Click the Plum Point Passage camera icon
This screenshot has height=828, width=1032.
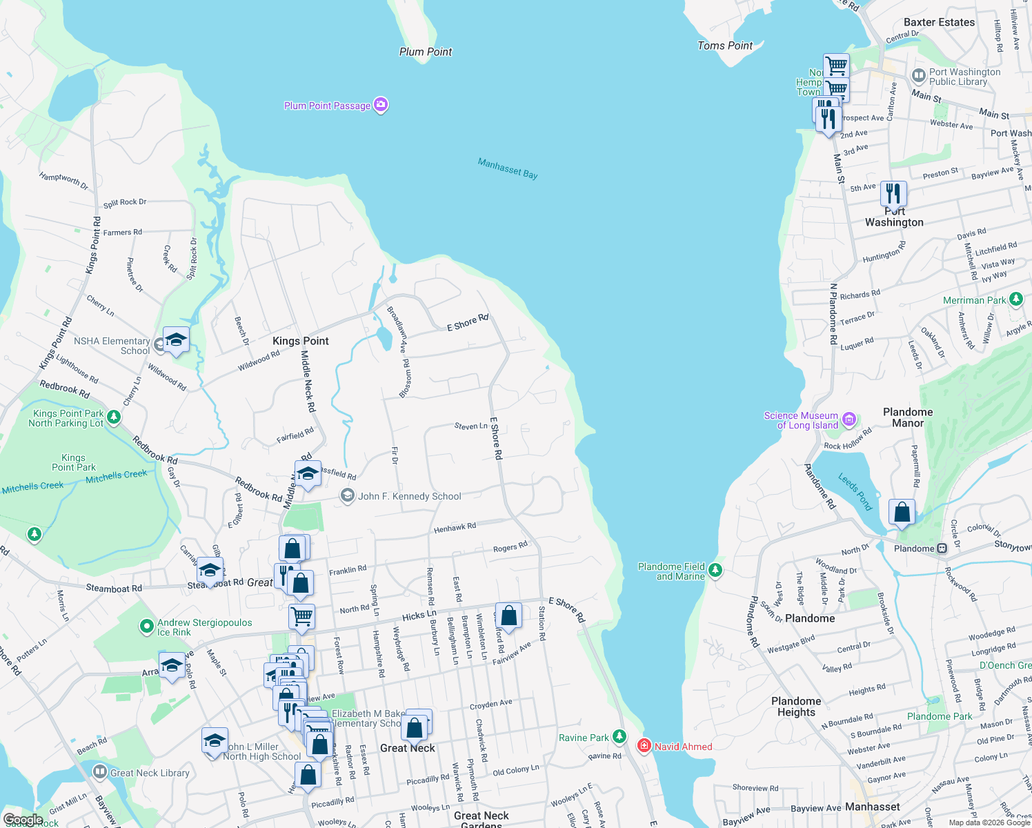click(381, 105)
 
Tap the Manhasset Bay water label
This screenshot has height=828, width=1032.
click(508, 168)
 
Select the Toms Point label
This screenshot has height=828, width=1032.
click(725, 46)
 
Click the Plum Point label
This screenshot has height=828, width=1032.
click(426, 52)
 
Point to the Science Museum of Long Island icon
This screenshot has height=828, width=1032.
click(849, 420)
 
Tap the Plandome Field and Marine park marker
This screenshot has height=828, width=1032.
click(715, 570)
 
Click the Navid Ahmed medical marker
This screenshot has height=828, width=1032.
click(644, 745)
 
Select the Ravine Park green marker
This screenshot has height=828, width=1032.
click(619, 737)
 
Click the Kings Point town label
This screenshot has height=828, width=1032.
click(301, 341)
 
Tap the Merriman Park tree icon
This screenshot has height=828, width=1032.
click(1015, 299)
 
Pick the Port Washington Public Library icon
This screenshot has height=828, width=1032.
click(918, 75)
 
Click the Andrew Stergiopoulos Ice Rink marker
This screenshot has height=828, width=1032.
click(146, 626)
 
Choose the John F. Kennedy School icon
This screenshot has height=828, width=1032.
click(348, 495)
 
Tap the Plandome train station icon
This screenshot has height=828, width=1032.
click(942, 549)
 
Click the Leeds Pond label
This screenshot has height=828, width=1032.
click(855, 491)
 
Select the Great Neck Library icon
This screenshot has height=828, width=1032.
click(100, 772)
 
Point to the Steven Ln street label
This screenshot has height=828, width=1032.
click(470, 426)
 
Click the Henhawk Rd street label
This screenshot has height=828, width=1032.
click(455, 528)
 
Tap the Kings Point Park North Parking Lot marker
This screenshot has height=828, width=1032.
click(114, 417)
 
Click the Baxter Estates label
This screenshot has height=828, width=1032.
click(939, 22)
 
